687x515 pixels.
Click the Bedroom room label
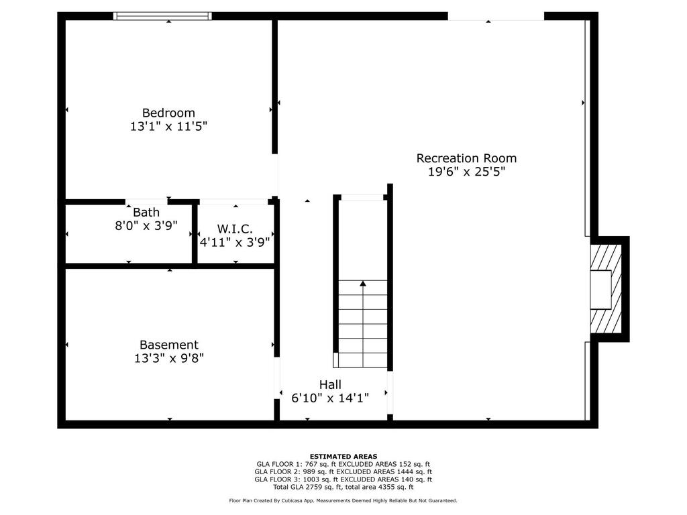pos(168,113)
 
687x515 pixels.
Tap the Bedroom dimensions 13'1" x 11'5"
pos(168,127)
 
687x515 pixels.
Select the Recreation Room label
pos(466,158)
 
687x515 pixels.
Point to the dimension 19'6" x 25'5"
pos(466,172)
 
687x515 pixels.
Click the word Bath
pos(146,213)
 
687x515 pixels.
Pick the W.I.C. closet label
pos(235,229)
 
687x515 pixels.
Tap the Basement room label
pos(168,345)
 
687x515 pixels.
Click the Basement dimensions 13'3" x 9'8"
pos(168,358)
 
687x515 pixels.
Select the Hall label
pos(330,384)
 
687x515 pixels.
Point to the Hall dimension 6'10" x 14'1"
pos(330,398)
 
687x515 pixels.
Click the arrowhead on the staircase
pos(363,284)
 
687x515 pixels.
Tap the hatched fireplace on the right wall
pos(606,289)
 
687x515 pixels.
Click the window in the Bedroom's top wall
pos(162,16)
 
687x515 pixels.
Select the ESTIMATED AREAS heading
pos(343,456)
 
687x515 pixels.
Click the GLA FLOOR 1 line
pos(343,464)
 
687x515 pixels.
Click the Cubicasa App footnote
pos(343,500)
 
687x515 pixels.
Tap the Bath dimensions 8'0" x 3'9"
pos(146,226)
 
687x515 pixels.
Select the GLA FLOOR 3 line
pos(343,479)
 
